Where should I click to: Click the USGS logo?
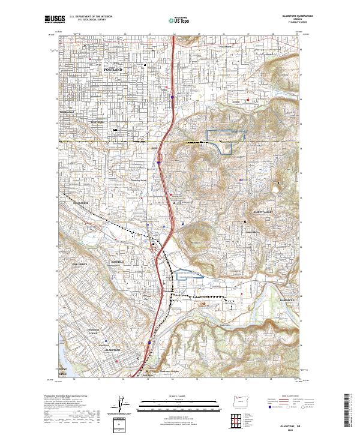pos(52,19)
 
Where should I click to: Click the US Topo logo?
pos(173,19)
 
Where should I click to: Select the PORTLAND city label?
pos(113,70)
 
